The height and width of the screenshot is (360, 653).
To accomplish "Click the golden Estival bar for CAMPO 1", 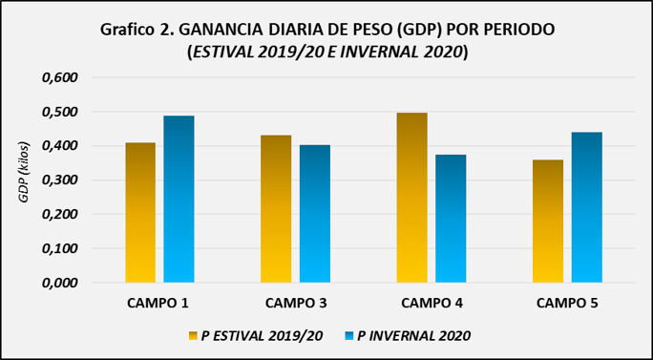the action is click(140, 213).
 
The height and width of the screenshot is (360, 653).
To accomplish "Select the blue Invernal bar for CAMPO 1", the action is click(179, 200).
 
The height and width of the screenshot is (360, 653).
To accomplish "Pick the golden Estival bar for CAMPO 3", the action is click(276, 209).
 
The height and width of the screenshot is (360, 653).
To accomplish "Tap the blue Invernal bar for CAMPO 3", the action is click(315, 214).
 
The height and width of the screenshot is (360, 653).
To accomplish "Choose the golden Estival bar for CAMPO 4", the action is click(411, 198).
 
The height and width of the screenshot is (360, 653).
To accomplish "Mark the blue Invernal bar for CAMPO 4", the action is click(451, 219).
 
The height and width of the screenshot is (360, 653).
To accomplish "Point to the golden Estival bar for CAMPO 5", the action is click(548, 222).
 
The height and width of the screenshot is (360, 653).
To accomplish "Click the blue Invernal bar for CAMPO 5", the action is click(587, 207).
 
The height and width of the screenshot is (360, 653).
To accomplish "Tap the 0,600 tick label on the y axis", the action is click(60, 78).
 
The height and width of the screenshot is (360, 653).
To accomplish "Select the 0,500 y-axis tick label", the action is click(60, 112).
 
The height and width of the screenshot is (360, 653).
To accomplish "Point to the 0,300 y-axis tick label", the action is click(60, 180).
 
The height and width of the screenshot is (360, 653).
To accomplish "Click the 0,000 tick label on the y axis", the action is click(60, 283).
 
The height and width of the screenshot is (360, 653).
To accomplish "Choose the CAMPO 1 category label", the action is click(158, 303).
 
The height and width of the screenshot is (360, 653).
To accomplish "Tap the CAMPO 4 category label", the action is click(431, 303).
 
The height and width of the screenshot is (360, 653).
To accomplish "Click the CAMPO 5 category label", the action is click(567, 303).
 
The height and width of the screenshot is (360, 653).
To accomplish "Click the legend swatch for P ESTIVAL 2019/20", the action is click(193, 336).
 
